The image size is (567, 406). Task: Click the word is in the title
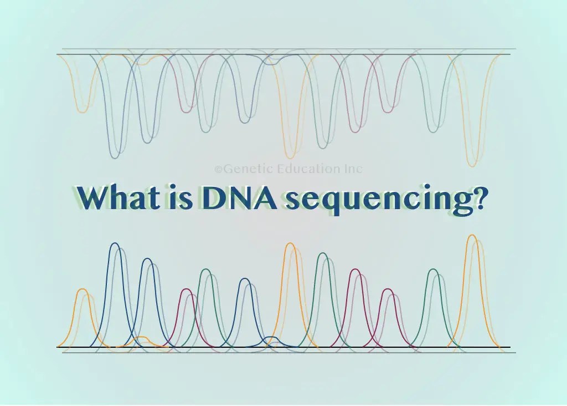[172, 197]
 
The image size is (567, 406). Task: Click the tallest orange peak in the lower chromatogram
[472, 236]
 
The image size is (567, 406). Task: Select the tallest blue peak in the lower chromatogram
[115, 245]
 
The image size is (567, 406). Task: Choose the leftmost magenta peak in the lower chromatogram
[187, 290]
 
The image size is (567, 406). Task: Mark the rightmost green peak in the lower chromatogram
[434, 271]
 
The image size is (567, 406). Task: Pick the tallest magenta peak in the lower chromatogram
[355, 271]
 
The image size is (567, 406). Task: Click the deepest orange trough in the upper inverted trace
[472, 165]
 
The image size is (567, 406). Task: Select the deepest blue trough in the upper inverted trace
[115, 157]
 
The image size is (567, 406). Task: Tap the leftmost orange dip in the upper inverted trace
[82, 111]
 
